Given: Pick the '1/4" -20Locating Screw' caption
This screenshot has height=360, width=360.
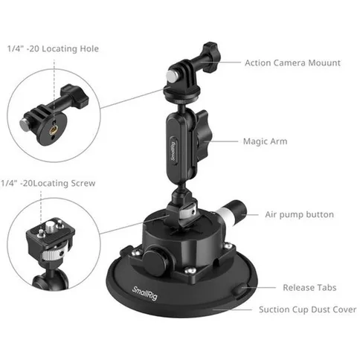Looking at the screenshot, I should coord(52,183).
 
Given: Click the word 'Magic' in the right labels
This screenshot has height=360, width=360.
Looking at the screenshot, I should coord(254,140).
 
